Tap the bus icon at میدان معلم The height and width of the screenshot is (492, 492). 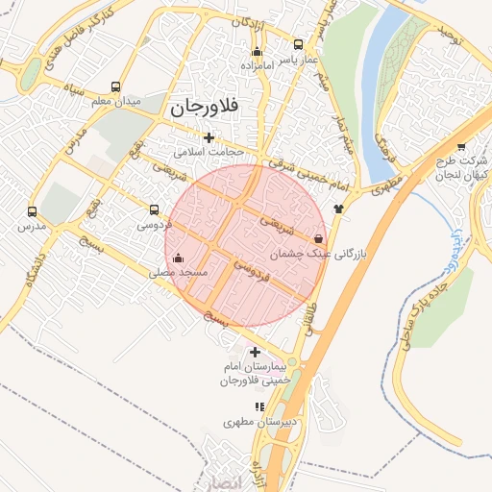[116, 86]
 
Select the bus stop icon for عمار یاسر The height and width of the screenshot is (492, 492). [298, 44]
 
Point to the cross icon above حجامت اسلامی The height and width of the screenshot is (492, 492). [209, 137]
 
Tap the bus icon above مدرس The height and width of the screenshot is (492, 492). [32, 211]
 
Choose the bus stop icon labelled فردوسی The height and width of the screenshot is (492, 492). [155, 209]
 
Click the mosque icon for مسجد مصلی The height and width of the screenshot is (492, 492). [178, 258]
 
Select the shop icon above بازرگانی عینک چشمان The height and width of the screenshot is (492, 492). [318, 238]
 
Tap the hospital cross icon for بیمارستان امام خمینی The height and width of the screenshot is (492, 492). [254, 353]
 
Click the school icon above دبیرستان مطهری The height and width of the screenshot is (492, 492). [258, 406]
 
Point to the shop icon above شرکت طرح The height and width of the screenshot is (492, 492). [461, 146]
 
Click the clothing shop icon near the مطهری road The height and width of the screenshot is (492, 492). [338, 208]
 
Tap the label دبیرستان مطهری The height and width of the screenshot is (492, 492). [257, 422]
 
